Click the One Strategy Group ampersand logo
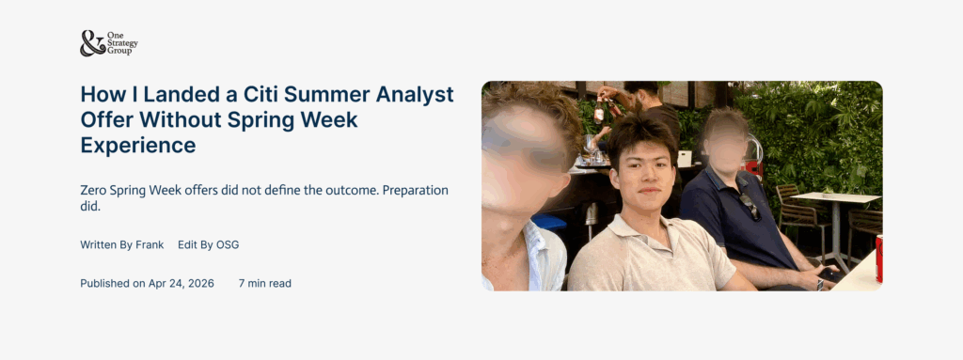click(92, 43)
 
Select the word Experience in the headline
click(138, 146)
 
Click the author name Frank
click(149, 244)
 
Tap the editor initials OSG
click(227, 244)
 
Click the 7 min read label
click(265, 283)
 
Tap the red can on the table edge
click(878, 258)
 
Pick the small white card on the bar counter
click(685, 158)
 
